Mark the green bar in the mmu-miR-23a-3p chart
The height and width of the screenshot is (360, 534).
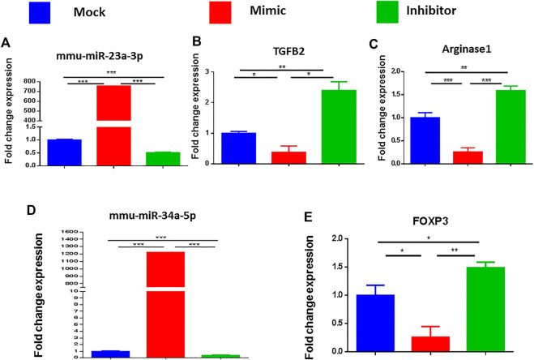[x=157, y=158]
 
